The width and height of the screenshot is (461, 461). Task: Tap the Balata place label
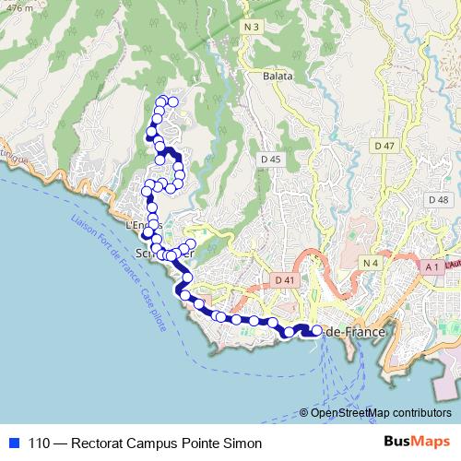pyautogui.click(x=277, y=77)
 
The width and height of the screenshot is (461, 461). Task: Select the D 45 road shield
pyautogui.click(x=271, y=160)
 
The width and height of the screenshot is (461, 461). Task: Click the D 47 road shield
pyautogui.click(x=384, y=147)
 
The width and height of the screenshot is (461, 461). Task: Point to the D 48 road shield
pyautogui.click(x=438, y=200)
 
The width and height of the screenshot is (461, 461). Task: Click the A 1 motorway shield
pyautogui.click(x=431, y=267)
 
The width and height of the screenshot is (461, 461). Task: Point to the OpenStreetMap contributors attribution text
pyautogui.click(x=380, y=412)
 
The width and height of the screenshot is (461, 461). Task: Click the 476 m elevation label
pyautogui.click(x=15, y=6)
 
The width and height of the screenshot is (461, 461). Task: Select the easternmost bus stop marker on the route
pyautogui.click(x=317, y=331)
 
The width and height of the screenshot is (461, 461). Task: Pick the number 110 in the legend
pyautogui.click(x=41, y=443)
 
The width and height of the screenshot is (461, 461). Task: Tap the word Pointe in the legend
pyautogui.click(x=193, y=443)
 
